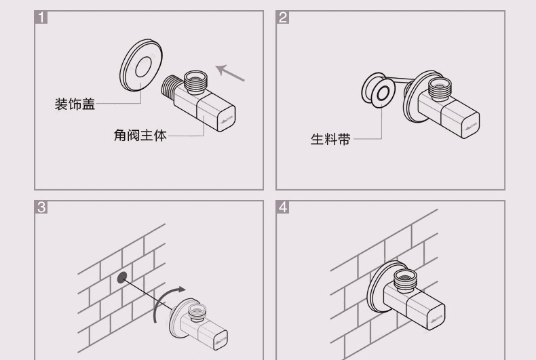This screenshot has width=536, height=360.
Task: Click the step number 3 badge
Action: tap(41, 207)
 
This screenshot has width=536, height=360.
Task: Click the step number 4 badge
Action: tap(283, 207)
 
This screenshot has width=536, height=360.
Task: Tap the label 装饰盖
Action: tap(75, 104)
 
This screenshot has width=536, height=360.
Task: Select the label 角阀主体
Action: tap(139, 135)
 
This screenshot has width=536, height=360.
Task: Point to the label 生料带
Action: tap(330, 140)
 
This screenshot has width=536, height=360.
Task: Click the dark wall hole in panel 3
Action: tap(122, 277)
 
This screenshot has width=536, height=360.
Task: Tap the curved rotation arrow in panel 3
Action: tap(166, 302)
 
